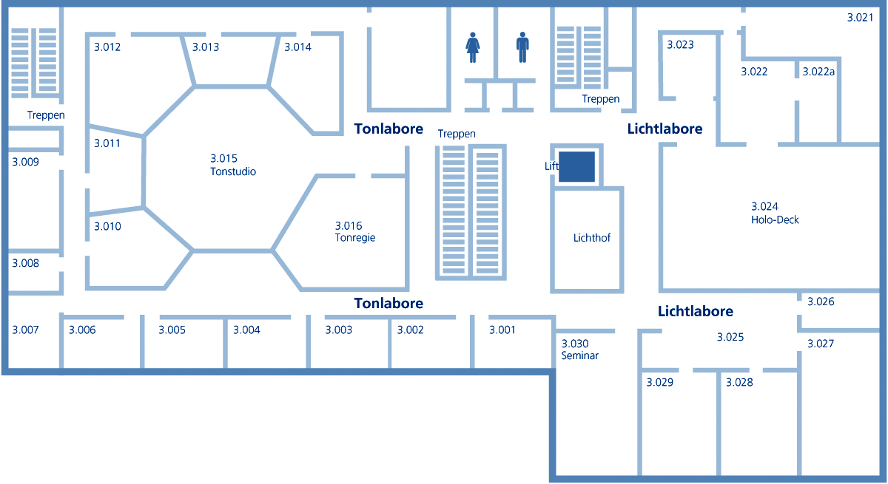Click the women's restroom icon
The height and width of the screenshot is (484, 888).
[473, 47]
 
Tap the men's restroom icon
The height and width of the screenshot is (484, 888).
[522, 47]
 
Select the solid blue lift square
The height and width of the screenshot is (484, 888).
[576, 166]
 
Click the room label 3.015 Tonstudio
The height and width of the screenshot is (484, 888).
[233, 165]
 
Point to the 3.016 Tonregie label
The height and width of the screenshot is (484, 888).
[355, 231]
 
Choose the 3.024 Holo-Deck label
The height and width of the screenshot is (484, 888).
[775, 213]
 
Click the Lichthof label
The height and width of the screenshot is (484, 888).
[592, 238]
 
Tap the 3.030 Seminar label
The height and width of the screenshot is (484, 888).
[579, 350]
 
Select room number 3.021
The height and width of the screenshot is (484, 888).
[860, 18]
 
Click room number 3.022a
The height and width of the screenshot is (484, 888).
[818, 72]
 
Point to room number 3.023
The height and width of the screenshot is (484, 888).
[680, 45]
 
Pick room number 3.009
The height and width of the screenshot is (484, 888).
[25, 162]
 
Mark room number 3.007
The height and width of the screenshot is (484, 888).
[25, 330]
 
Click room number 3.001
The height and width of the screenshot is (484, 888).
[502, 330]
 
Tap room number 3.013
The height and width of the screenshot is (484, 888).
[206, 47]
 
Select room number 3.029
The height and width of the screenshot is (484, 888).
[659, 382]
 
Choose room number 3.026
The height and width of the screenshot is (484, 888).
[821, 301]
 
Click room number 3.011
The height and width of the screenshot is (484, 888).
[107, 143]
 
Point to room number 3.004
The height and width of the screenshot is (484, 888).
[246, 330]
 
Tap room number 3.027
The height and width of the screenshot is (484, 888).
[821, 344]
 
